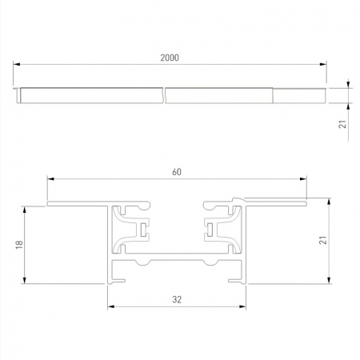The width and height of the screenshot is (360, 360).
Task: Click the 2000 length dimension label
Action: pos(170,57)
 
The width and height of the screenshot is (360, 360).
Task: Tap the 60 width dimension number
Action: pos(177,170)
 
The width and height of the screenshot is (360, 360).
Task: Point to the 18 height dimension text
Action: pos(18,245)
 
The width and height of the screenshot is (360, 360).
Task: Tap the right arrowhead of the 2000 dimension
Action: pos(324,65)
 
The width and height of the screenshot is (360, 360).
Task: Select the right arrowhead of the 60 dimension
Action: pos(305,178)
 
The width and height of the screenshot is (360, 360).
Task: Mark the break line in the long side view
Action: pos(164,94)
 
